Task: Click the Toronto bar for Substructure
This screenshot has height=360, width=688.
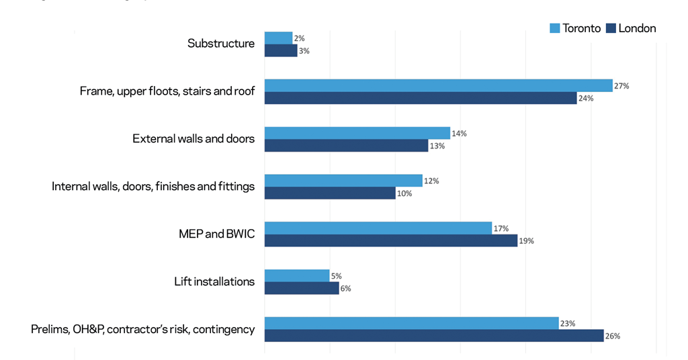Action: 278,38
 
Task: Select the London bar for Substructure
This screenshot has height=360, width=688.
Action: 281,51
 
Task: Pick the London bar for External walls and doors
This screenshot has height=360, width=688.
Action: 346,146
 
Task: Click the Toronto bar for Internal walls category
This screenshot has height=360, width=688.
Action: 343,181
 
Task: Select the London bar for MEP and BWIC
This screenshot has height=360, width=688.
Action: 391,240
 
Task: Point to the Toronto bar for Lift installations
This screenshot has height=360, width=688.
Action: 297,275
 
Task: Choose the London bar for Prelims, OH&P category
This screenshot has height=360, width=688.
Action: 434,336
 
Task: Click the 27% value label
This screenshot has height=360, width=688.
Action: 621,86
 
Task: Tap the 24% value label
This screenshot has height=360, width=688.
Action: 586,99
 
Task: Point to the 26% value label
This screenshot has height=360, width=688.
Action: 612,336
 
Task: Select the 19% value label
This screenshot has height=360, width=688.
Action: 526,240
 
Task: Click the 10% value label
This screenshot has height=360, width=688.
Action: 404,193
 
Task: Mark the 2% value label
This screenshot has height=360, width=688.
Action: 299,38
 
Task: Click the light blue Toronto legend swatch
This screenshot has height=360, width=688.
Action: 554,28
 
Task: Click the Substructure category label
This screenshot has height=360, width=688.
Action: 221,44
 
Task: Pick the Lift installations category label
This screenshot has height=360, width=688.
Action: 214,281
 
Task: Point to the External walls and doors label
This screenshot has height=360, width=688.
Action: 193,139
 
